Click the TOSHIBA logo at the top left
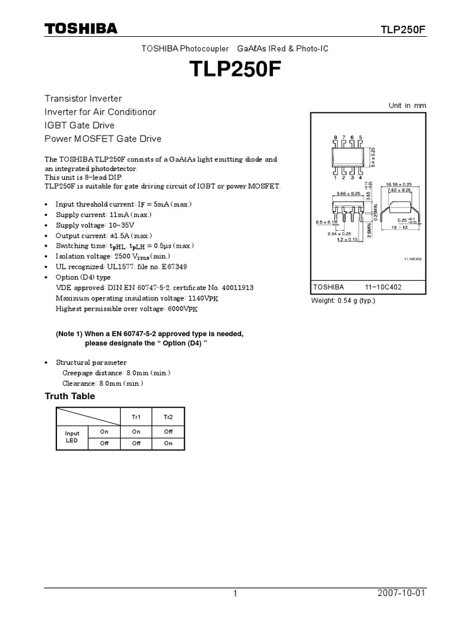click(x=80, y=28)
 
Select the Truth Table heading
click(x=70, y=396)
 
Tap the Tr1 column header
click(x=136, y=416)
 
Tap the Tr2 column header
click(x=168, y=416)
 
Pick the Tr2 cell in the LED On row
click(x=168, y=431)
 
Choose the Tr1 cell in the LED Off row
click(x=136, y=443)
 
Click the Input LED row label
click(x=72, y=437)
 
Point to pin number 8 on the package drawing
click(x=335, y=138)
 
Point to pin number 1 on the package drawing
click(x=335, y=178)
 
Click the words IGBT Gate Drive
click(x=79, y=126)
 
